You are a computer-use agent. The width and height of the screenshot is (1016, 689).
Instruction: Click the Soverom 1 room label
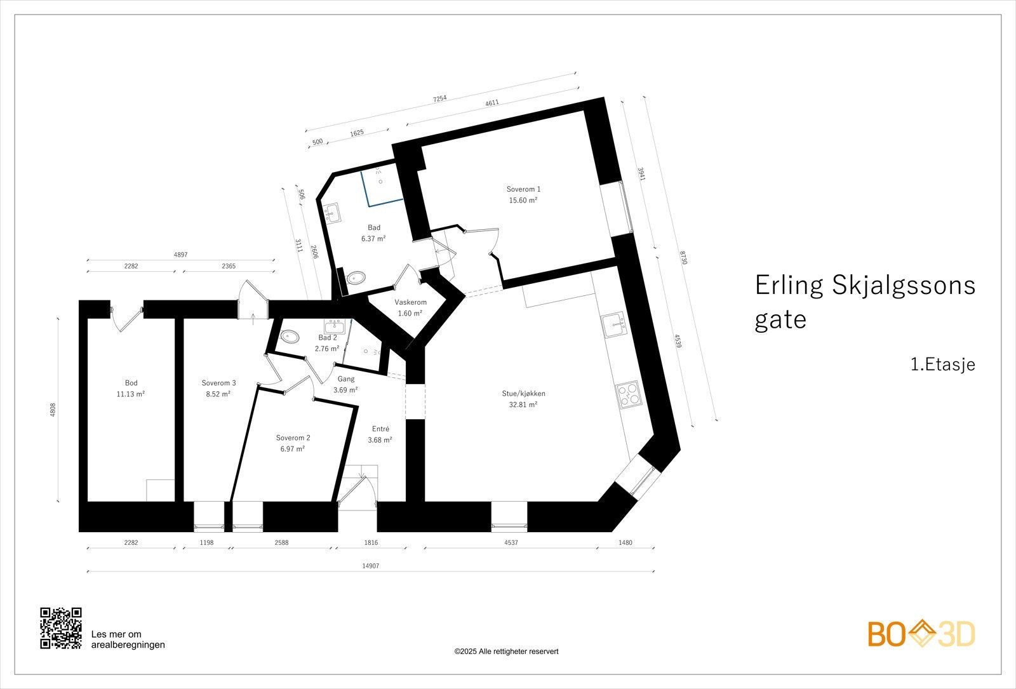(523, 189)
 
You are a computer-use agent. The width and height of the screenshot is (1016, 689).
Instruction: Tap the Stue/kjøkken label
(523, 394)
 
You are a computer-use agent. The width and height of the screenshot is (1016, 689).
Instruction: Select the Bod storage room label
(131, 383)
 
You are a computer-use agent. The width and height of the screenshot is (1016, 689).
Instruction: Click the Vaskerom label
(410, 302)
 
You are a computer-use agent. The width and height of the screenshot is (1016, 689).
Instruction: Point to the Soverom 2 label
(293, 438)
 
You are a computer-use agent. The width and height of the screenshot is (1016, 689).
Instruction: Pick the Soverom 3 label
(218, 383)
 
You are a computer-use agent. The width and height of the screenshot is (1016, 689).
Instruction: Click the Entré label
(380, 429)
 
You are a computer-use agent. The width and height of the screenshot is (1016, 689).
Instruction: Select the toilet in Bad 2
(290, 337)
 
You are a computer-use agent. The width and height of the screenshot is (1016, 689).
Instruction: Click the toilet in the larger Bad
(357, 278)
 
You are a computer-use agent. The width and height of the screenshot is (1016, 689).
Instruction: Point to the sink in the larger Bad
(331, 213)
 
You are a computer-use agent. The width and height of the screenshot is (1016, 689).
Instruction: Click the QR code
(61, 628)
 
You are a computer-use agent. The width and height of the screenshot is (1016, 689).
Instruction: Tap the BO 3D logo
(921, 634)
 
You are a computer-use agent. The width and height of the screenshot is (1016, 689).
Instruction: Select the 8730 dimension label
(683, 258)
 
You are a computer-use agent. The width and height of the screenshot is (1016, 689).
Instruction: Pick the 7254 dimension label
(439, 98)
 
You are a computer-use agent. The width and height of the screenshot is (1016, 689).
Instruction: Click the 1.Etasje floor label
(942, 365)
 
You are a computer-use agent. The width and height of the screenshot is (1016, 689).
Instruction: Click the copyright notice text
(506, 652)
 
